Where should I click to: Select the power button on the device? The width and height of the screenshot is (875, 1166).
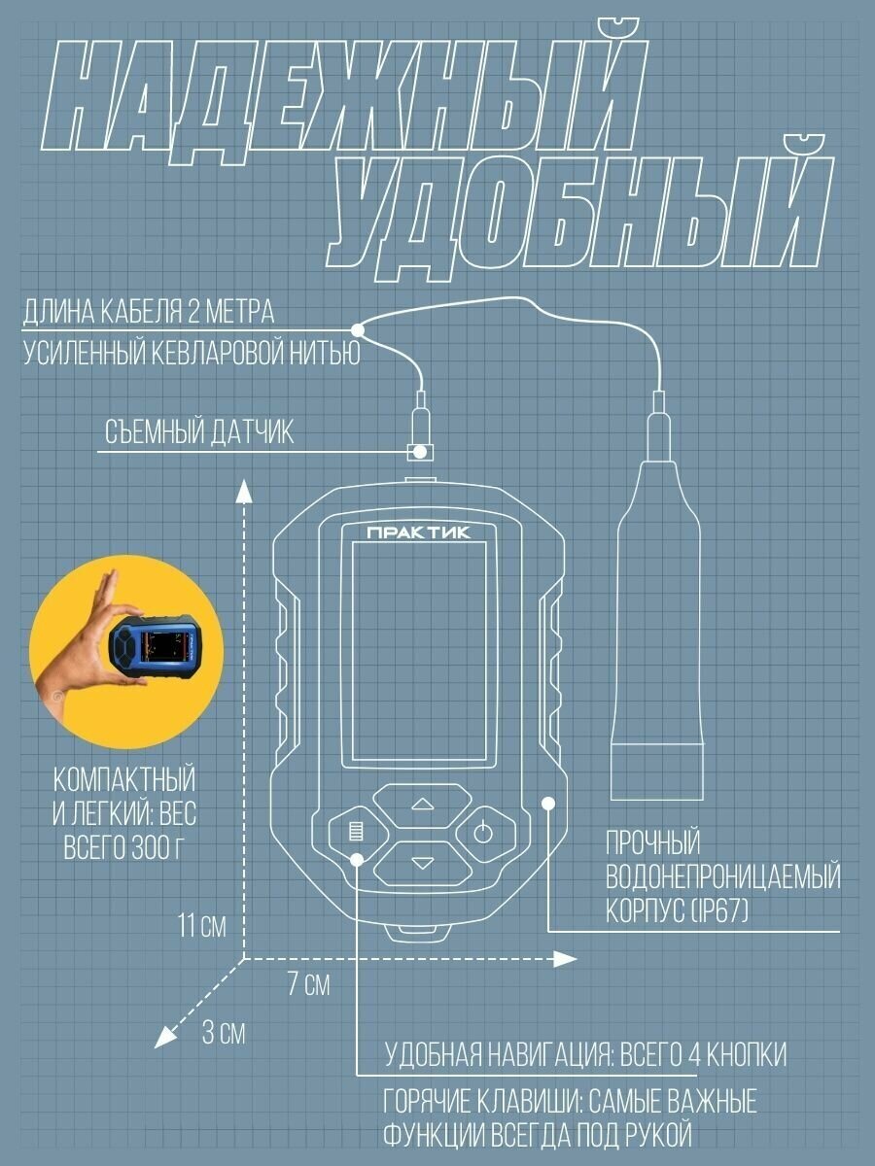pos(483,832)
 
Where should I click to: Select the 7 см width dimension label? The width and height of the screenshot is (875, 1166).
pos(309,985)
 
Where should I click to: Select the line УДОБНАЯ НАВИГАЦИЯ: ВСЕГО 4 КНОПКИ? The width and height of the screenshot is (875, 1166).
pos(585,1055)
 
